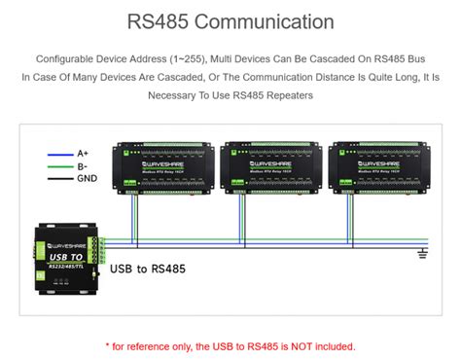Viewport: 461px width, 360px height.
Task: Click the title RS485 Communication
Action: [230, 20]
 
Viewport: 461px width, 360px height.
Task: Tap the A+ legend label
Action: [83, 153]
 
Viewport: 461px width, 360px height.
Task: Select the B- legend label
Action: [83, 165]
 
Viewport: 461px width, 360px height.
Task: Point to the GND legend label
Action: [87, 178]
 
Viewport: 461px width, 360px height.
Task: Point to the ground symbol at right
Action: [421, 255]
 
